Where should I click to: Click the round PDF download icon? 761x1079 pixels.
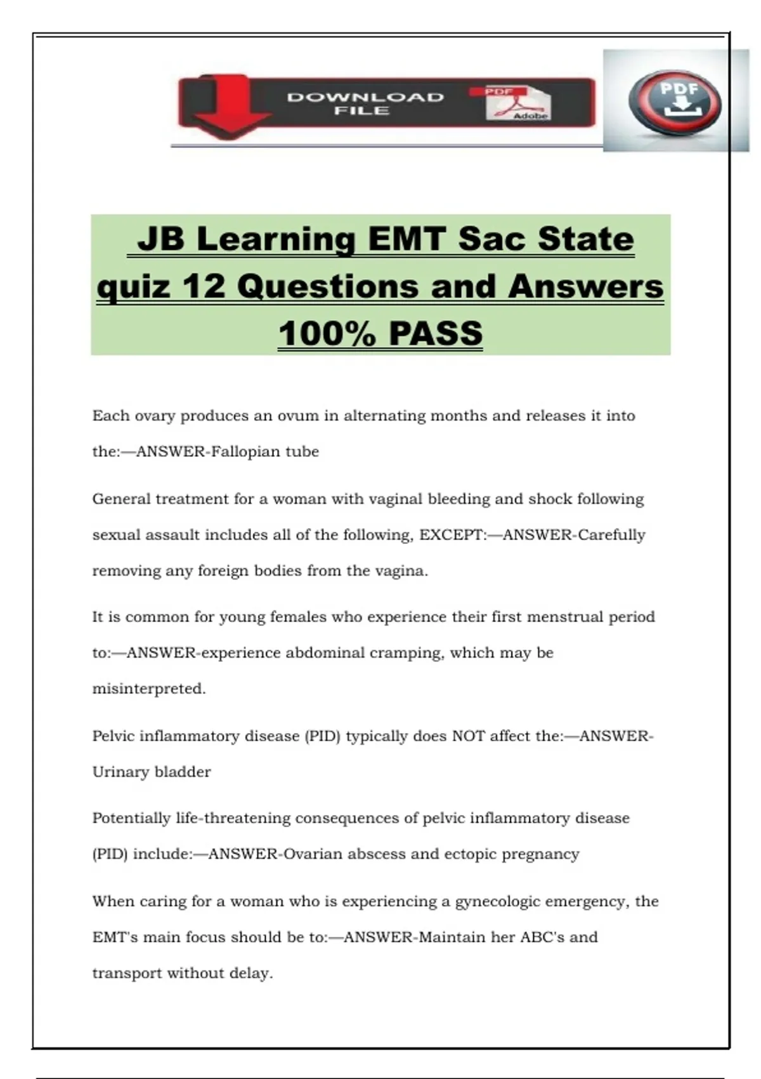tap(675, 102)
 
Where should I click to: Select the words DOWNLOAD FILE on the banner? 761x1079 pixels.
tap(365, 103)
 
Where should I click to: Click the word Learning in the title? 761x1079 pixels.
tap(276, 240)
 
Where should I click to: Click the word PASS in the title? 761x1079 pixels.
tap(436, 334)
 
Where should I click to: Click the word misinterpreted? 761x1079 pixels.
tap(149, 689)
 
